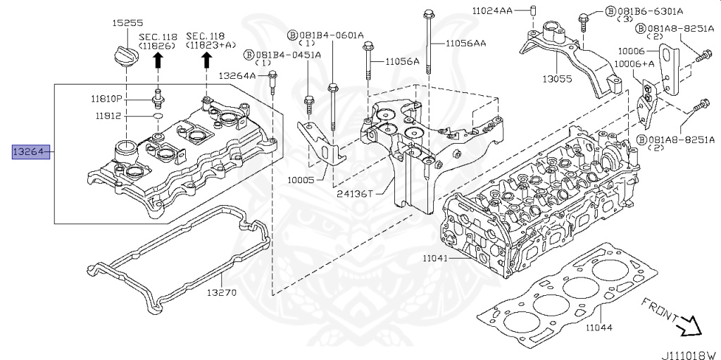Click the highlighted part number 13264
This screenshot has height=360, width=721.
[x=31, y=151]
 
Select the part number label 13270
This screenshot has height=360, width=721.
[x=221, y=292]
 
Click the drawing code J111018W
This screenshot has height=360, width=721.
[x=689, y=355]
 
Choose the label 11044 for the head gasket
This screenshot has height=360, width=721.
[x=598, y=328]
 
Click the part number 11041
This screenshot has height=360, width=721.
[x=434, y=259]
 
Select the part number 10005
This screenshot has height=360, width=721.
[x=301, y=180]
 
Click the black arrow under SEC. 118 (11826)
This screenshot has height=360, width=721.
[x=158, y=61]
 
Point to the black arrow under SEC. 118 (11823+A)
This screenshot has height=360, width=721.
[x=206, y=61]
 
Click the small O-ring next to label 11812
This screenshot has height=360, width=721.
[x=158, y=115]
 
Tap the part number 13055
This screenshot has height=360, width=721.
[x=557, y=79]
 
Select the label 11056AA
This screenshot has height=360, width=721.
[x=465, y=44]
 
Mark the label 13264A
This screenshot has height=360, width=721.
[x=237, y=75]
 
